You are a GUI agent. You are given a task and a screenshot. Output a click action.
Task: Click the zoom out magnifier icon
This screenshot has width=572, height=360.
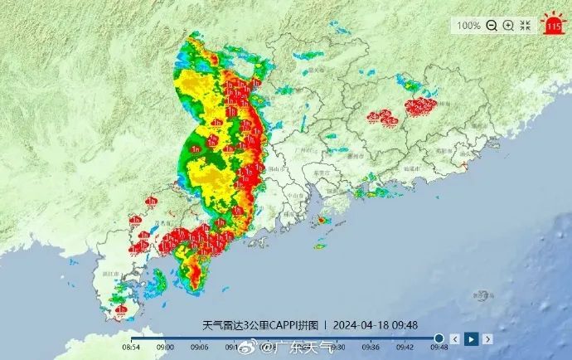click(492, 26)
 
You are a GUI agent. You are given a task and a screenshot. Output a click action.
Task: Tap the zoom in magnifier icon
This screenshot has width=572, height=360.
click(508, 26)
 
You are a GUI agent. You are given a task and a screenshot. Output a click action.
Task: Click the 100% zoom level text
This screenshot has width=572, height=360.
click(468, 26)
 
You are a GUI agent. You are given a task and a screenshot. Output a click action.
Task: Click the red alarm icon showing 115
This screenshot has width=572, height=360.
click(553, 24)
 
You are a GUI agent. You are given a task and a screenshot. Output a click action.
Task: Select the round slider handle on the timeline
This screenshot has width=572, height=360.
click(439, 338)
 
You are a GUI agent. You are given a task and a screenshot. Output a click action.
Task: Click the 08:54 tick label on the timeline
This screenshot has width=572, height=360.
click(132, 348)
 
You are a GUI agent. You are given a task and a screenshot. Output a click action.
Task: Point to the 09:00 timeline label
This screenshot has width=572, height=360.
click(166, 348)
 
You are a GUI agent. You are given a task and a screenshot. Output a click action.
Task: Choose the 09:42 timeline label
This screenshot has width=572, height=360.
click(405, 348)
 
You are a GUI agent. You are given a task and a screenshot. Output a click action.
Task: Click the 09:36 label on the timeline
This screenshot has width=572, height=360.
click(371, 348)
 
